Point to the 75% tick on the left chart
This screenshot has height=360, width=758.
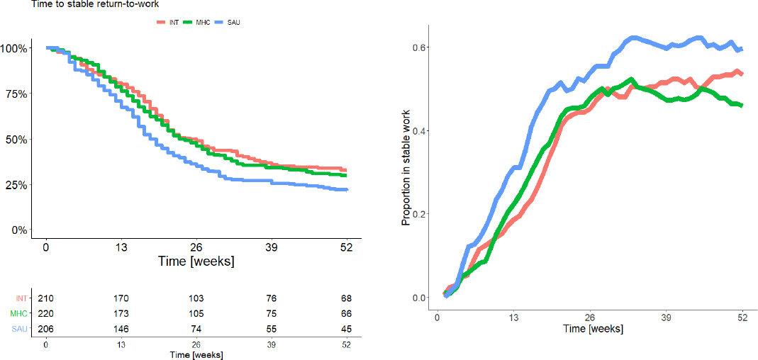(x=14, y=94)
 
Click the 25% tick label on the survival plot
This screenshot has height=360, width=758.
(x=14, y=184)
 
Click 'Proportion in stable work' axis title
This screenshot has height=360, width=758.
(x=406, y=168)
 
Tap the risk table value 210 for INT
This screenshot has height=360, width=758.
(x=45, y=298)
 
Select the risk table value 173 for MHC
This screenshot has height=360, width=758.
(x=121, y=313)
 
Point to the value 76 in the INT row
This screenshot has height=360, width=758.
(x=272, y=298)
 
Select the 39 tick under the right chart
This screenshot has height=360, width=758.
(x=666, y=317)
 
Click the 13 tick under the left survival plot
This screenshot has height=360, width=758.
(x=121, y=247)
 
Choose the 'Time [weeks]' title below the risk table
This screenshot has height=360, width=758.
(x=196, y=354)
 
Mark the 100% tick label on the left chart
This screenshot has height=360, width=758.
(x=13, y=48)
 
